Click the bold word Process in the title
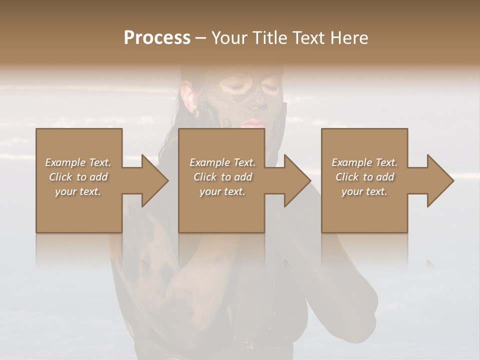[157, 38]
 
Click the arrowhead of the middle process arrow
[297, 180]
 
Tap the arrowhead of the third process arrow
[440, 180]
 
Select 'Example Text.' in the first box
[78, 162]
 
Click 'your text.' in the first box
[78, 191]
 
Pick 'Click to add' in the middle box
[222, 177]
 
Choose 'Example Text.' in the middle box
[222, 162]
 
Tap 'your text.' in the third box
[364, 191]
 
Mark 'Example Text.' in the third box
[364, 162]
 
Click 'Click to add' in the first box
[78, 177]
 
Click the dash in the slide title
[200, 38]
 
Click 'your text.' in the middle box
[222, 191]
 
